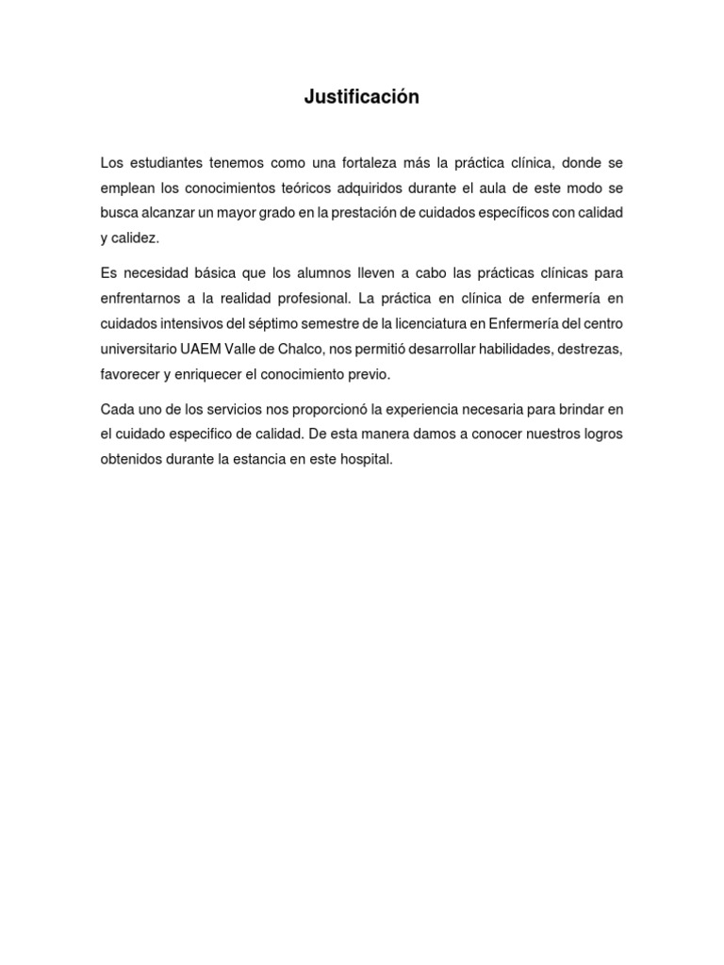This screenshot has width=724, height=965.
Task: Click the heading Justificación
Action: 361,97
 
